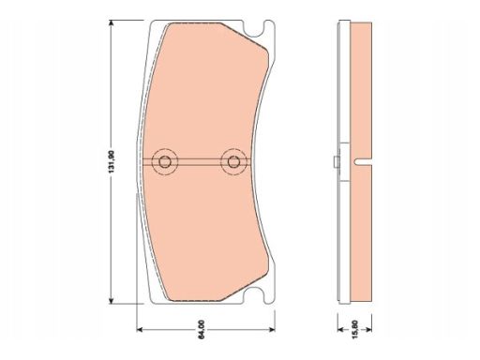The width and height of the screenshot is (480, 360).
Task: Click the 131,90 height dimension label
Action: [112, 162]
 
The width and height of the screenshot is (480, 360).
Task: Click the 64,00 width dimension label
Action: [202, 329]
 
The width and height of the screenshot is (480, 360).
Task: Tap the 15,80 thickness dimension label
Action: [355, 329]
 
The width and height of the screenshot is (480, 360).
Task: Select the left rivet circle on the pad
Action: [165, 162]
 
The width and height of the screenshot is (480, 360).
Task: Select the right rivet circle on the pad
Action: [233, 162]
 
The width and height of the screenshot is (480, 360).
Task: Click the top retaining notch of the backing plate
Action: [257, 29]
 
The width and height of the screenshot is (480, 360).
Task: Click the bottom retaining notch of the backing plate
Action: [257, 295]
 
